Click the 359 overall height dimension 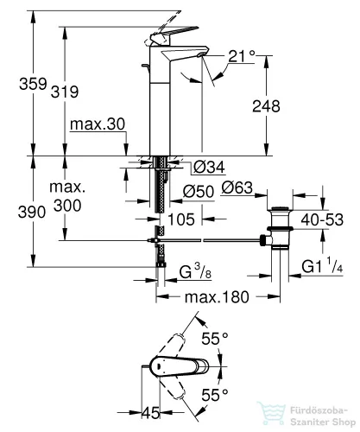point(33,84)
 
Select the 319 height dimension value point(65,92)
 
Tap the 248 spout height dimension point(266,106)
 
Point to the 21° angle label point(242,56)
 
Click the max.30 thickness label point(98,124)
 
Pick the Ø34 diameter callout point(209,167)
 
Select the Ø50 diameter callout point(199,191)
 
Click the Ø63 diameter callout point(237,187)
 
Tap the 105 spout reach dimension point(181,219)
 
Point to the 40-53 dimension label point(322,219)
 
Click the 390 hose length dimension point(32,213)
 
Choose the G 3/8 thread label point(195,271)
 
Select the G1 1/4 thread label point(322,265)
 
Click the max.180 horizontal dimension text point(217,296)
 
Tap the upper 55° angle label point(215,339)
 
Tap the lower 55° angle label point(215,395)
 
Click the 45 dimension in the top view point(151,413)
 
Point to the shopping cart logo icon point(272,414)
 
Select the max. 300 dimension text point(67,196)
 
